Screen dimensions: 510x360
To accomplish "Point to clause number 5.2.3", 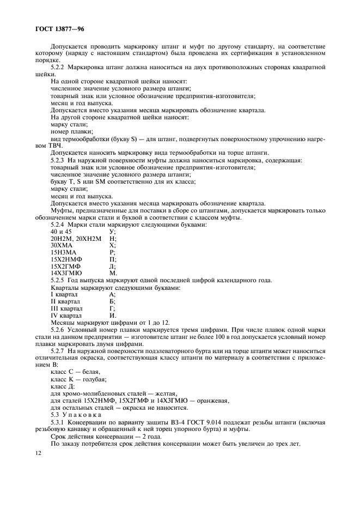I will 60,160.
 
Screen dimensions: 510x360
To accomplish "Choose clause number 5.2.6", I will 60,330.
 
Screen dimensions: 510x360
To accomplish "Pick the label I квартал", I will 64,294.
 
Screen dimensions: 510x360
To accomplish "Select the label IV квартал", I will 66,315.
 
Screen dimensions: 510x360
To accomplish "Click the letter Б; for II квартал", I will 113,301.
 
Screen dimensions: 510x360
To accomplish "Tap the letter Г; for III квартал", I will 112,308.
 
